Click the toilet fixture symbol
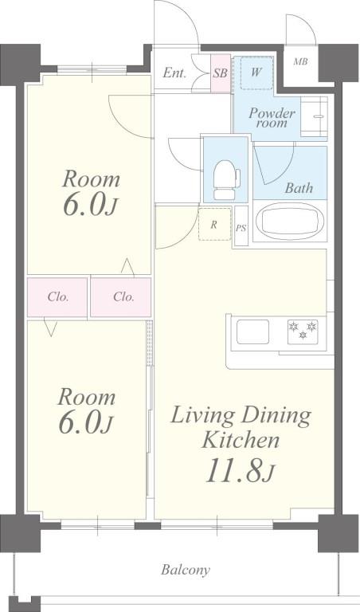(226, 180)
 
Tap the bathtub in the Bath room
(290, 221)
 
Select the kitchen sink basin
(252, 331)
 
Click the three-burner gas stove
(303, 331)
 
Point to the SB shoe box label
(221, 73)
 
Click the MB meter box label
(300, 61)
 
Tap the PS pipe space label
(241, 229)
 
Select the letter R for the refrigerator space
(213, 225)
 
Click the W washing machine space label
(256, 73)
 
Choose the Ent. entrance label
(174, 73)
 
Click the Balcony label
(186, 570)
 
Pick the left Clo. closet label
(58, 297)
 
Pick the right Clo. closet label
(123, 297)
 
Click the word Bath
(299, 188)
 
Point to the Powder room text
(272, 118)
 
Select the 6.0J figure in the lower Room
(86, 422)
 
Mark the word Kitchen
(241, 441)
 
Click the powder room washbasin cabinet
(314, 116)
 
